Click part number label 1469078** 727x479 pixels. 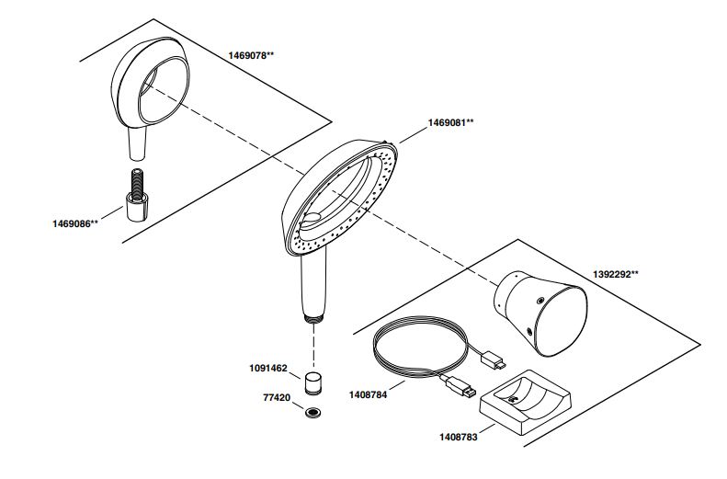(x=251, y=55)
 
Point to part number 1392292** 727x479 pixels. (x=615, y=274)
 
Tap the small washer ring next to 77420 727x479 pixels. (x=314, y=411)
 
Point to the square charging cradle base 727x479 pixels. (x=525, y=405)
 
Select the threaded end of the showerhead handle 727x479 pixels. (x=313, y=318)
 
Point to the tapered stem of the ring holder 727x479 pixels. (x=137, y=142)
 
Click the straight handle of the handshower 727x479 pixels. (x=310, y=285)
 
